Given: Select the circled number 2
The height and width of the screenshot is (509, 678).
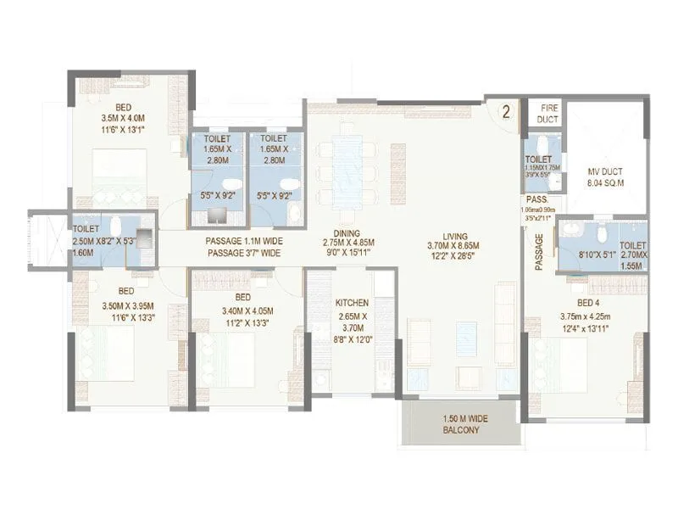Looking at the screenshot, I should click(505, 112).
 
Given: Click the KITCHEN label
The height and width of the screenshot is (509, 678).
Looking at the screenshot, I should click(352, 302).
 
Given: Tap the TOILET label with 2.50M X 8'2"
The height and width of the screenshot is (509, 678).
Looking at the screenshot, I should click(86, 228).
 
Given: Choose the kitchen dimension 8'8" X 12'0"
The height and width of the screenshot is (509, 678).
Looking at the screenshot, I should click(352, 339).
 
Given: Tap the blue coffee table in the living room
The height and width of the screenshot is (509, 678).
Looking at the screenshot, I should click(466, 339).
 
